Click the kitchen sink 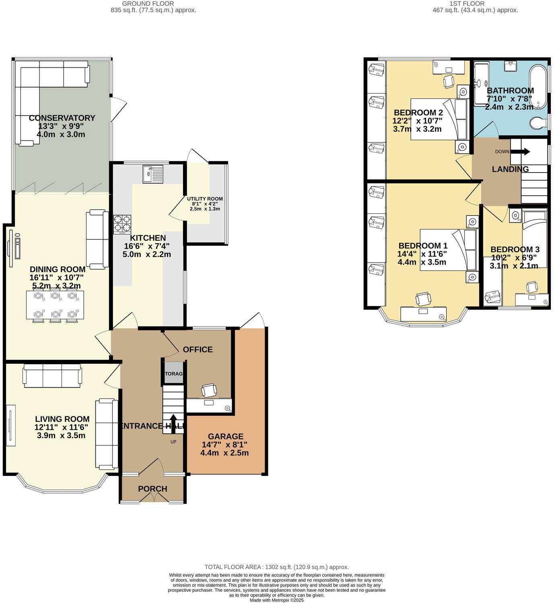coord(152,174)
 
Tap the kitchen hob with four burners coord(122,224)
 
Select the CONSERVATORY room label coord(62,118)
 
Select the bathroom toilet coord(538,123)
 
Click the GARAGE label coord(225,436)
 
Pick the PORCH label coord(152,489)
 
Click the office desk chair coord(209,390)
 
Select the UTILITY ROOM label coord(205,199)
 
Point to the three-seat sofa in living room coord(52,375)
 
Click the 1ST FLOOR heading coord(467,4)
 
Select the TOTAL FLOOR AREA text coord(276,567)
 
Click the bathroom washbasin coord(511,66)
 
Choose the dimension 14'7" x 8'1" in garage coord(224,445)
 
